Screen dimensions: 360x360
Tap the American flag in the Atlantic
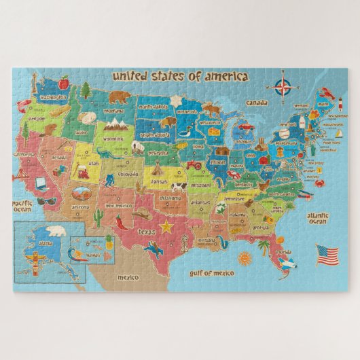tap(327, 255)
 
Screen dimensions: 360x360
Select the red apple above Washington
tap(64, 84)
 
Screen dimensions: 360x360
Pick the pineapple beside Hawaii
tap(109, 240)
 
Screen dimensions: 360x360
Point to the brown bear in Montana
tap(120, 97)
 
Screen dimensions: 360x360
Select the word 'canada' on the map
tap(257, 103)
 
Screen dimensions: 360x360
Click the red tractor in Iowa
tap(194, 164)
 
